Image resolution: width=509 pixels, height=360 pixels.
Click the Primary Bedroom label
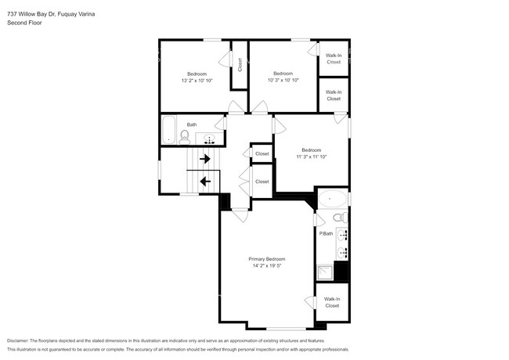tap(266, 259)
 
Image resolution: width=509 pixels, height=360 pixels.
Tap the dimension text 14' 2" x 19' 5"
tap(266, 266)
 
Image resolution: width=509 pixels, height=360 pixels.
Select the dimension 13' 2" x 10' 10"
tap(197, 81)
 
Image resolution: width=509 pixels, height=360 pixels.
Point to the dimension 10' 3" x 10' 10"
tap(283, 81)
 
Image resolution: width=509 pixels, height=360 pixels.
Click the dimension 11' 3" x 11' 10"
tap(311, 157)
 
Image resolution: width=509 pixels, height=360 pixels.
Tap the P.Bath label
tap(326, 233)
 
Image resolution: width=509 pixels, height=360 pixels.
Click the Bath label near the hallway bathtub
tap(191, 124)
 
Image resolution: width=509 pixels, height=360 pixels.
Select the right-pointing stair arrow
tap(205, 159)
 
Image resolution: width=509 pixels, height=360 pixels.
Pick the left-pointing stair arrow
tap(205, 182)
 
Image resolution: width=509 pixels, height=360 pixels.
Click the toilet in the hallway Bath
tap(185, 137)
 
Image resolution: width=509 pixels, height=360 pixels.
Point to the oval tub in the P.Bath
tap(332, 199)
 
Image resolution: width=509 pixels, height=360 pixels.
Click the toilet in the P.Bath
tap(338, 218)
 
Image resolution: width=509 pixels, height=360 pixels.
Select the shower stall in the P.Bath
tap(324, 272)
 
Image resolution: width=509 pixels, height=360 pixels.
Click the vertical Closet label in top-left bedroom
tap(240, 66)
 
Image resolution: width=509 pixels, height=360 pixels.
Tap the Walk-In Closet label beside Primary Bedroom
tap(332, 302)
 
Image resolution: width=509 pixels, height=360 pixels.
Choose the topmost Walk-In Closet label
tap(334, 59)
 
